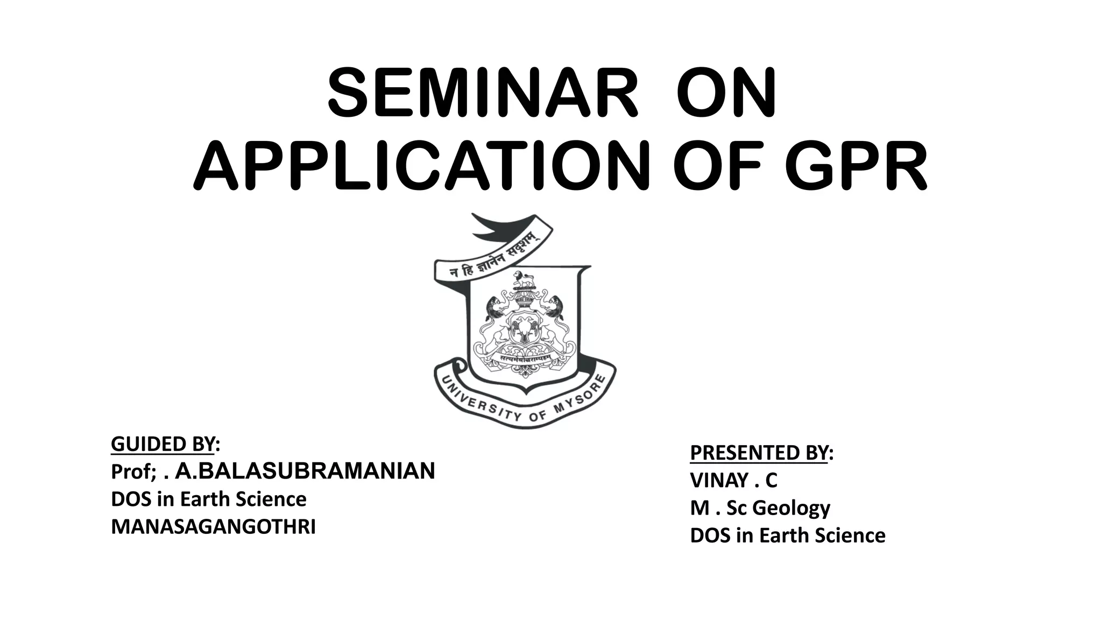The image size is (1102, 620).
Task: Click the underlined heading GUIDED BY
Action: coord(163,444)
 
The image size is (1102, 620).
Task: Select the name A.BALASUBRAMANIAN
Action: coord(305,471)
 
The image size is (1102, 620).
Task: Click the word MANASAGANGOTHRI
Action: coord(213,527)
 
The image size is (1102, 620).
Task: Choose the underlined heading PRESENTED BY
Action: coord(759,453)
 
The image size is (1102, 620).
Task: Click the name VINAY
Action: coord(719,480)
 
